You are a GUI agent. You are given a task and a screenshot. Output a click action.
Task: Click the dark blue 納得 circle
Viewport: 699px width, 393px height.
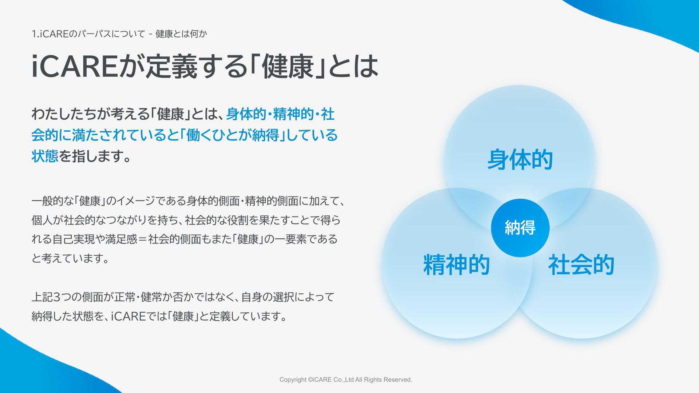pyautogui.click(x=520, y=228)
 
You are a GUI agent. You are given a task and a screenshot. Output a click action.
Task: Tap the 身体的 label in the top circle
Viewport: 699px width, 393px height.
pyautogui.click(x=520, y=159)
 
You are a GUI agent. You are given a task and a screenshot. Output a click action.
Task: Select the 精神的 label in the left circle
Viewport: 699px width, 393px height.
pyautogui.click(x=457, y=265)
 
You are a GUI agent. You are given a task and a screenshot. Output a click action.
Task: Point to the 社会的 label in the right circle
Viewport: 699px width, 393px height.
pyautogui.click(x=581, y=265)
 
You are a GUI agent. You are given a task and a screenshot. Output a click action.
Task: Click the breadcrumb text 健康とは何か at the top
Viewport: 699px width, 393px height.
pyautogui.click(x=181, y=34)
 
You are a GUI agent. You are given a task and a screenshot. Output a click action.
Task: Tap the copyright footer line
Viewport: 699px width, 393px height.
pyautogui.click(x=346, y=380)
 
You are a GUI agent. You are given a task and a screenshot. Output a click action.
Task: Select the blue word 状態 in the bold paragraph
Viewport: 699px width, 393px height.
pyautogui.click(x=45, y=156)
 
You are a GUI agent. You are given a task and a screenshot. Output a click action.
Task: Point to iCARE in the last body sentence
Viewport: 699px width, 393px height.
pyautogui.click(x=128, y=316)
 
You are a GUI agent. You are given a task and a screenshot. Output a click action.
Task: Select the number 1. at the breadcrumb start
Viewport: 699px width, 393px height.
pyautogui.click(x=35, y=34)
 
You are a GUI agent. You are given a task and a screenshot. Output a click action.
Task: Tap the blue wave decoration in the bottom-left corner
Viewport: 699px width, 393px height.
pyautogui.click(x=40, y=368)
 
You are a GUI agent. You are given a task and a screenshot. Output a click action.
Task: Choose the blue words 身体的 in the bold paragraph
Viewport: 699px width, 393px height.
pyautogui.click(x=246, y=114)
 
